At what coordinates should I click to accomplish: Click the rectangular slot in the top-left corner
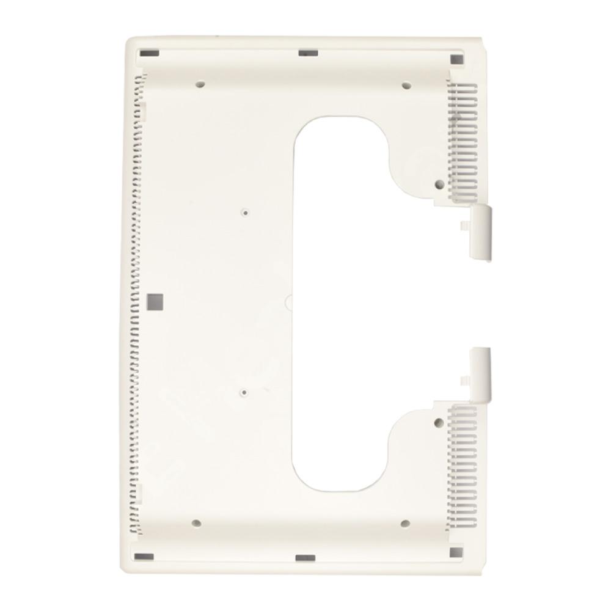146,53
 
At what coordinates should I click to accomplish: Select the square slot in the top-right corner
456,59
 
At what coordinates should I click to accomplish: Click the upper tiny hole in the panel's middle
245,213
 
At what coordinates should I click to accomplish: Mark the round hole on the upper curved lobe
438,183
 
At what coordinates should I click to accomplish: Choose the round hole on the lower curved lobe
438,421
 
